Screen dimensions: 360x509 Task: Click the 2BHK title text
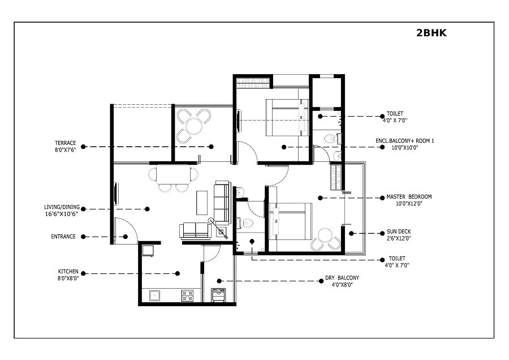point(431,33)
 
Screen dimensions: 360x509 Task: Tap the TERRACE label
point(65,143)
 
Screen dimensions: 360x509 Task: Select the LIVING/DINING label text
point(61,207)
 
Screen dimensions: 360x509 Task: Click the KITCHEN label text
point(68,271)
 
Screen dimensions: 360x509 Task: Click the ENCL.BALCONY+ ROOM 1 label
point(404,140)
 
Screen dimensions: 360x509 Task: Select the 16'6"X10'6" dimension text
point(61,214)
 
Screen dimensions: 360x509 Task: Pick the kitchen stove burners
point(187,295)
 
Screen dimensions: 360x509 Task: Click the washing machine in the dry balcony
point(218,295)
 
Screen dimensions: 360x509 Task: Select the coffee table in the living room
point(202,202)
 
